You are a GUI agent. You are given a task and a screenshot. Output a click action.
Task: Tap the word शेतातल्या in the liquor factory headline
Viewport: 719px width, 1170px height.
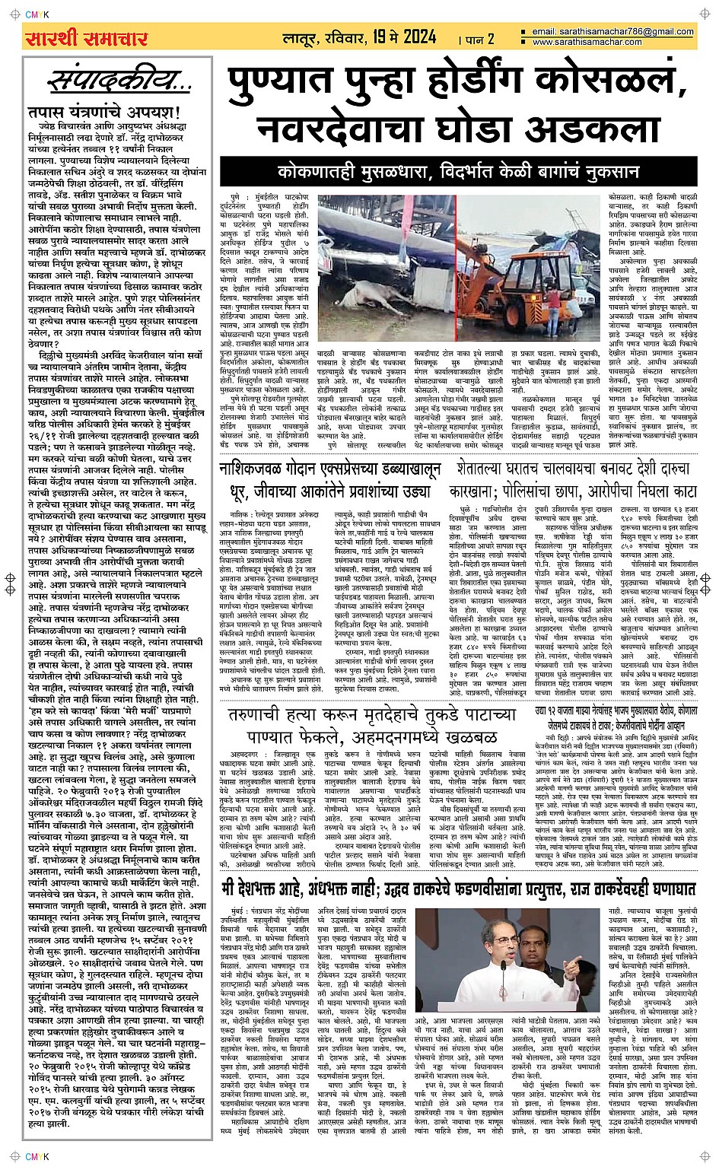(x=488, y=469)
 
